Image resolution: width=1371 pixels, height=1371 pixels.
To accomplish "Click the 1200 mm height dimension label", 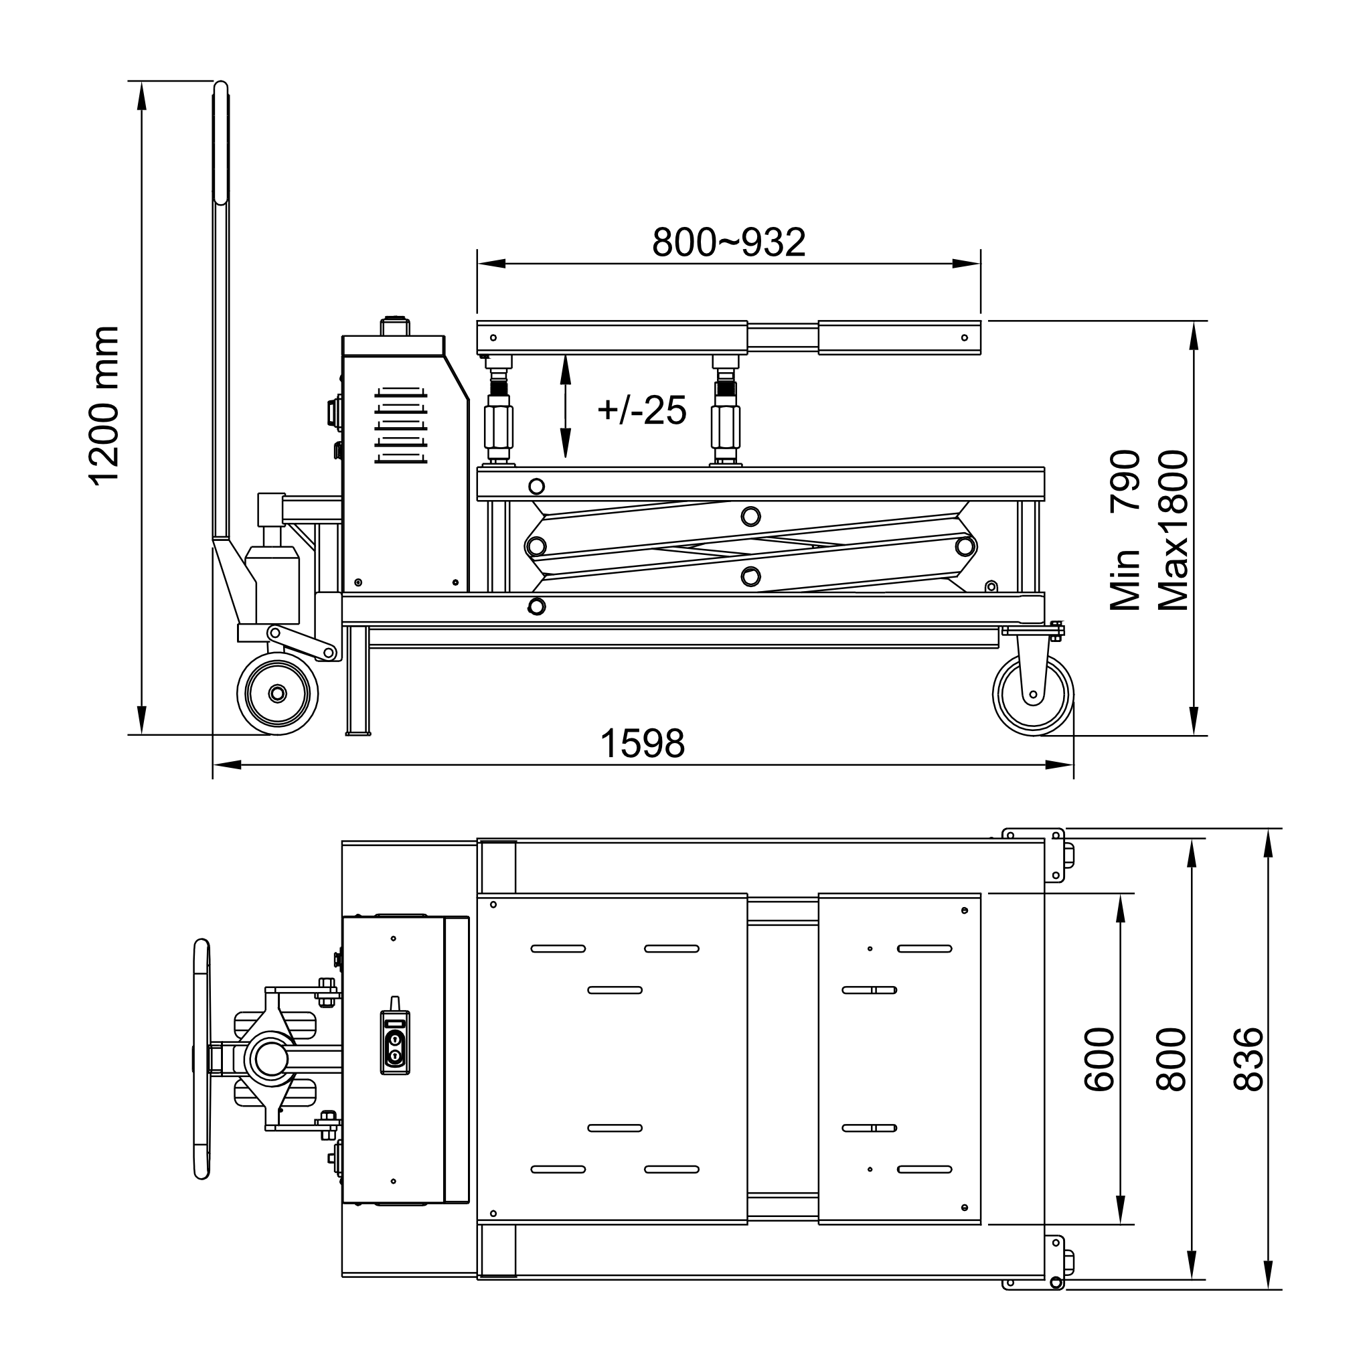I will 104,406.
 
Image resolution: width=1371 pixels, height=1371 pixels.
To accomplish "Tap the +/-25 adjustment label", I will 642,410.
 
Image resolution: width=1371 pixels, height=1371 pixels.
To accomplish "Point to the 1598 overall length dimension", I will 642,744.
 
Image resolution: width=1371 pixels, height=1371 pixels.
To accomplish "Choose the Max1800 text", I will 1172,531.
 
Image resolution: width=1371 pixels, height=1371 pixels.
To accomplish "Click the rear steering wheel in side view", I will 276,694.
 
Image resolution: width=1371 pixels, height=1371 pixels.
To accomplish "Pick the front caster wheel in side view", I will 1032,695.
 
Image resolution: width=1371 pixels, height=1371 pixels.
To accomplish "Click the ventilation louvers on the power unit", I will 401,426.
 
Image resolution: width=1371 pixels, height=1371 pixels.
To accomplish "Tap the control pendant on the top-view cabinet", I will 394,1042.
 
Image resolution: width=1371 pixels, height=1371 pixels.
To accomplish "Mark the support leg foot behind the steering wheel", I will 357,731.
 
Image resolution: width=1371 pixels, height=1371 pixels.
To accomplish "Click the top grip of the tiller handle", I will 221,142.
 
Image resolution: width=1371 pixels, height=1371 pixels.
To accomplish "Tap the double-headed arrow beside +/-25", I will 566,406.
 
